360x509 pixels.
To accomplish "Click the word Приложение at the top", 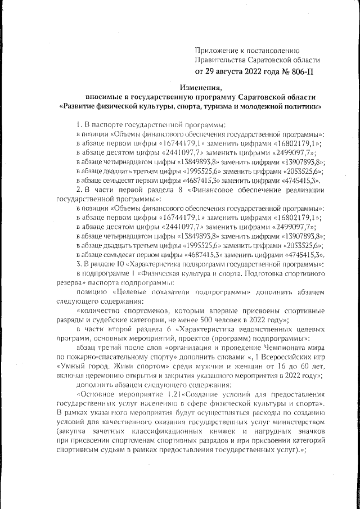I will pos(217,51).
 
